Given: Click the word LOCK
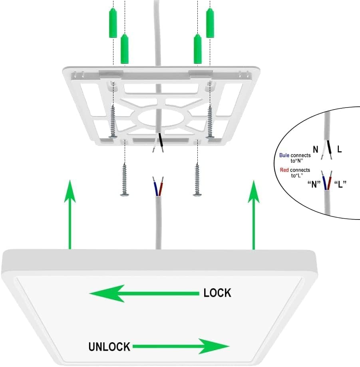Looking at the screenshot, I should (x=217, y=293).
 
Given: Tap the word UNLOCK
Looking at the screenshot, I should (x=109, y=346).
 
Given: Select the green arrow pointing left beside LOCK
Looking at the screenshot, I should (x=144, y=294).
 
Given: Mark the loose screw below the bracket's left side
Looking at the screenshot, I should (x=125, y=180).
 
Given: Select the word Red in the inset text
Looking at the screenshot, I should (x=284, y=170).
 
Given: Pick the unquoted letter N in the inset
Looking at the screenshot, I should (x=316, y=150).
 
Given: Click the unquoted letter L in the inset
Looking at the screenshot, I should (x=339, y=150).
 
